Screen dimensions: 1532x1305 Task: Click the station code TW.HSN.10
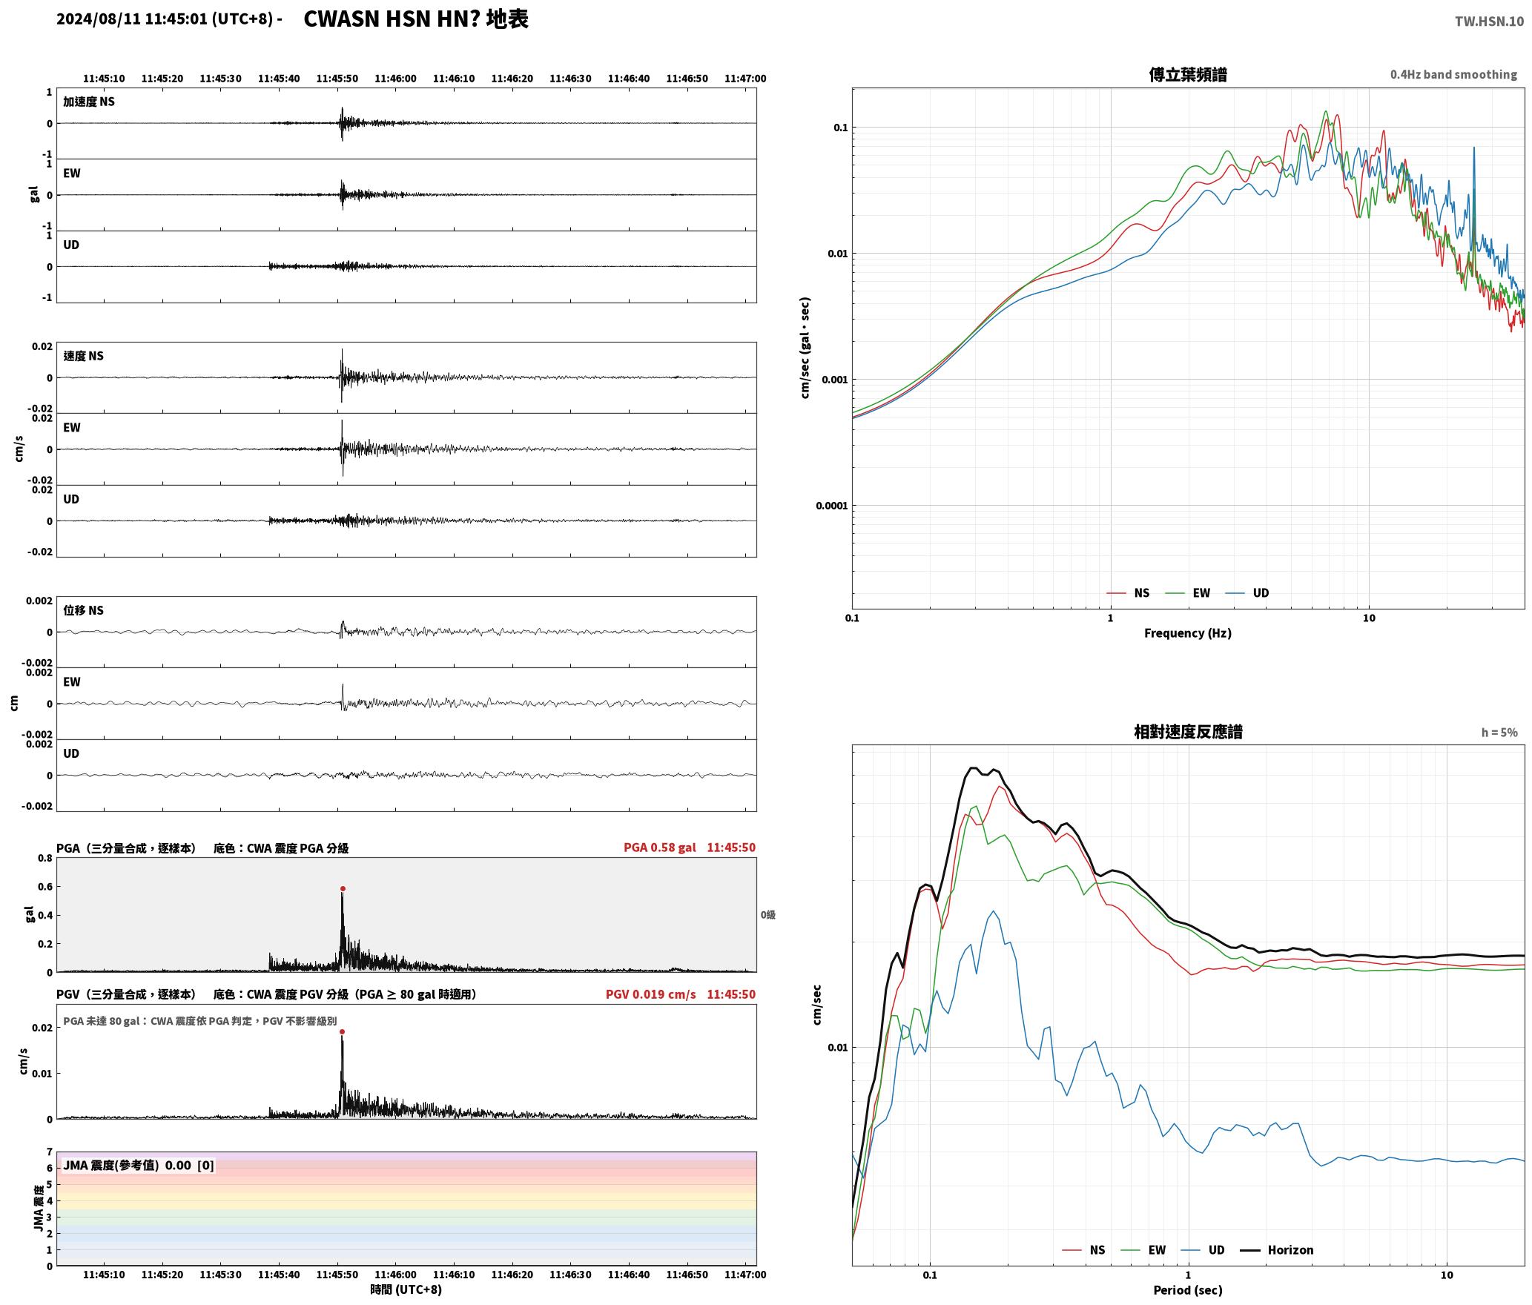pos(1489,22)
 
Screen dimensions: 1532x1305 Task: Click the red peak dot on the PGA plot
pos(343,888)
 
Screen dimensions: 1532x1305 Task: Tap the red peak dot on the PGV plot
pos(342,1031)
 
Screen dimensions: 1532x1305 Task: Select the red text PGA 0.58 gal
pos(660,848)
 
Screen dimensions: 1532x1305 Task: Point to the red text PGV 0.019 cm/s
pos(651,994)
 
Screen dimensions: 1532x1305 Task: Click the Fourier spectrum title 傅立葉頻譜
pos(1188,74)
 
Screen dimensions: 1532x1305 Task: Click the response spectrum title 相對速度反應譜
pos(1188,732)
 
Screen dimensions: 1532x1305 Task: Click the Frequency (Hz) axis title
pos(1188,633)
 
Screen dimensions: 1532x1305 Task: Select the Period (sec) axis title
pos(1188,1291)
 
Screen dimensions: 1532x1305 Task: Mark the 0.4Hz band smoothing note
pos(1453,75)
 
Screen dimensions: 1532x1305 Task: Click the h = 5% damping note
pos(1499,733)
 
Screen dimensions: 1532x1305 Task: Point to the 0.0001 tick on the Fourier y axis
pos(831,506)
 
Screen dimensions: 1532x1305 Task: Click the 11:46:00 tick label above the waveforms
pos(395,79)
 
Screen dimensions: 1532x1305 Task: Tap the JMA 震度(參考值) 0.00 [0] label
pos(139,1166)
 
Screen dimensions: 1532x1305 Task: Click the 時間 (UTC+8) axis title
pos(406,1290)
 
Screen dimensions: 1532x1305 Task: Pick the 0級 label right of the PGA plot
pos(767,915)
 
